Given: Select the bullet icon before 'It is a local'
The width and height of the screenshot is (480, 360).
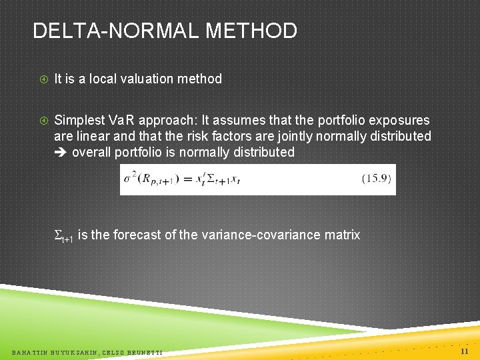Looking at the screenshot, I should (x=43, y=79).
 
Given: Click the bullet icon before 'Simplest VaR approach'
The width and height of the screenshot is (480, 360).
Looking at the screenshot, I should (x=43, y=121).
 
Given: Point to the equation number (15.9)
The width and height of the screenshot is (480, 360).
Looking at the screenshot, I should (x=376, y=179).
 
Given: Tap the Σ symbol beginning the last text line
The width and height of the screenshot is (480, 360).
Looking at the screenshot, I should (x=58, y=235).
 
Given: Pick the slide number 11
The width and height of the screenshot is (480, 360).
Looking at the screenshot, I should (x=465, y=351).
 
